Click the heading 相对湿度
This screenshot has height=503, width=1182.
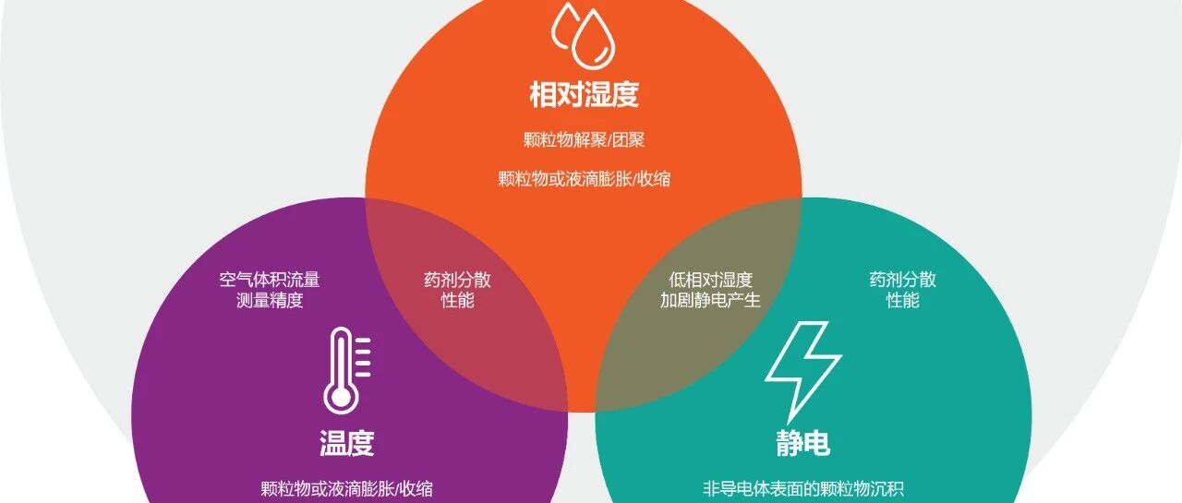[x=585, y=94]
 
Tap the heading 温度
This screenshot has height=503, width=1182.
[x=346, y=442]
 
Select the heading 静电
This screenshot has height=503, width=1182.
[x=802, y=442]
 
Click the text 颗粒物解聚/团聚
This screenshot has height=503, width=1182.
[x=585, y=139]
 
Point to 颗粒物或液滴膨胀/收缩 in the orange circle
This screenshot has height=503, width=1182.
[x=585, y=179]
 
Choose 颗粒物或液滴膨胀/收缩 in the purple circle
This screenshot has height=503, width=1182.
[x=346, y=489]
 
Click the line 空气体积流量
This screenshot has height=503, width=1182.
[x=270, y=280]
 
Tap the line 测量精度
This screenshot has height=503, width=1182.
[x=270, y=301]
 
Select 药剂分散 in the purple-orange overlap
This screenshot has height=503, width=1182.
[x=457, y=280]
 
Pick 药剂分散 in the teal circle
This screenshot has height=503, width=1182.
[x=903, y=280]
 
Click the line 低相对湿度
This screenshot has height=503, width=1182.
[x=710, y=280]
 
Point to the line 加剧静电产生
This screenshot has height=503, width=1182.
[x=710, y=301]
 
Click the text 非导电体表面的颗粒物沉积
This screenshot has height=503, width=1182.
[x=802, y=489]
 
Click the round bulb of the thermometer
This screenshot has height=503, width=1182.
[x=341, y=397]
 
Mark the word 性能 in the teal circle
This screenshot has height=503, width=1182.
[x=903, y=301]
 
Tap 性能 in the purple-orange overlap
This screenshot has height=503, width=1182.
[x=457, y=301]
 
